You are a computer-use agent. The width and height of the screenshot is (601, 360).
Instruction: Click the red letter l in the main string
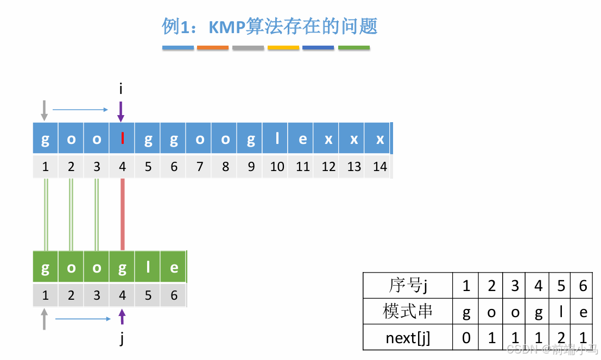tap(123, 139)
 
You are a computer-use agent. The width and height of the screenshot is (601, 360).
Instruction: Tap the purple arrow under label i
tap(121, 111)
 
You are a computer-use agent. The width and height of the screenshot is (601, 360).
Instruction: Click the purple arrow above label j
tap(122, 317)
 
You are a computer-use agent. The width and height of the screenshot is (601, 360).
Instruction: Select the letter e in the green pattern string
tap(174, 268)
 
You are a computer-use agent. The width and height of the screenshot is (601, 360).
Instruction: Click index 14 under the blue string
tap(380, 167)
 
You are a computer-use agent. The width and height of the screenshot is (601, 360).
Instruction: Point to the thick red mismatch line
tap(123, 214)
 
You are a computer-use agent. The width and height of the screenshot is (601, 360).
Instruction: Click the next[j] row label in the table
tap(408, 338)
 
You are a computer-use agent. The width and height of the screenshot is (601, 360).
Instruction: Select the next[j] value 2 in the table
tap(561, 338)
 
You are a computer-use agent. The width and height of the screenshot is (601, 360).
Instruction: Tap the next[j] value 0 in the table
tap(466, 338)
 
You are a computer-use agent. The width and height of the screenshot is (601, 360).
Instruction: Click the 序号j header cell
tap(408, 285)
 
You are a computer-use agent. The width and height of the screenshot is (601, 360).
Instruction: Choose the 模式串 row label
tap(408, 312)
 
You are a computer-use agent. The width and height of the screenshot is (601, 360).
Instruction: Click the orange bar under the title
tap(213, 48)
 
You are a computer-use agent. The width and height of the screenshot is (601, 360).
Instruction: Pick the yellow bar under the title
tap(283, 48)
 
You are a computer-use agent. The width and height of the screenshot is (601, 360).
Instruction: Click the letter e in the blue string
tap(302, 139)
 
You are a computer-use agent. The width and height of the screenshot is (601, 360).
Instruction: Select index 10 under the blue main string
tap(277, 167)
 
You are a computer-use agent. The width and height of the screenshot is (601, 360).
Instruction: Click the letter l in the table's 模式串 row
tap(561, 312)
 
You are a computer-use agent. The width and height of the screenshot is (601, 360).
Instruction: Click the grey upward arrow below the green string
tap(45, 319)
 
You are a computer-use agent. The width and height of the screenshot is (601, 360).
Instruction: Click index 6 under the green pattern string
tap(174, 295)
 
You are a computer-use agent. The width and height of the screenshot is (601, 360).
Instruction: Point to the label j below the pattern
tap(122, 339)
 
